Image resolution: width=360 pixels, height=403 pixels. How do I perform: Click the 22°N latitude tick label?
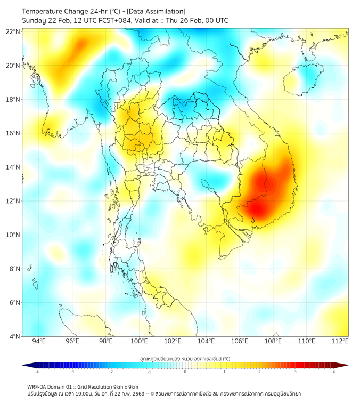pyautogui.click(x=13, y=31)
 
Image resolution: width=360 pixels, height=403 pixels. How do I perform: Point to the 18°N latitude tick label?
pyautogui.click(x=13, y=100)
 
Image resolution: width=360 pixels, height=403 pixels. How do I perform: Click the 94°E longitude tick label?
pyautogui.click(x=39, y=341)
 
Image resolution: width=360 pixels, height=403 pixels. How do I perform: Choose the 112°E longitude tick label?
pyautogui.click(x=340, y=341)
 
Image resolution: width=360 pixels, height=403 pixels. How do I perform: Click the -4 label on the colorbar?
pyautogui.click(x=37, y=372)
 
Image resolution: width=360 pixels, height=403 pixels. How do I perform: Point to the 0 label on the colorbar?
pyautogui.click(x=185, y=372)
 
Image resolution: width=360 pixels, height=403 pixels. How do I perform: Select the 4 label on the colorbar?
pyautogui.click(x=334, y=372)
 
